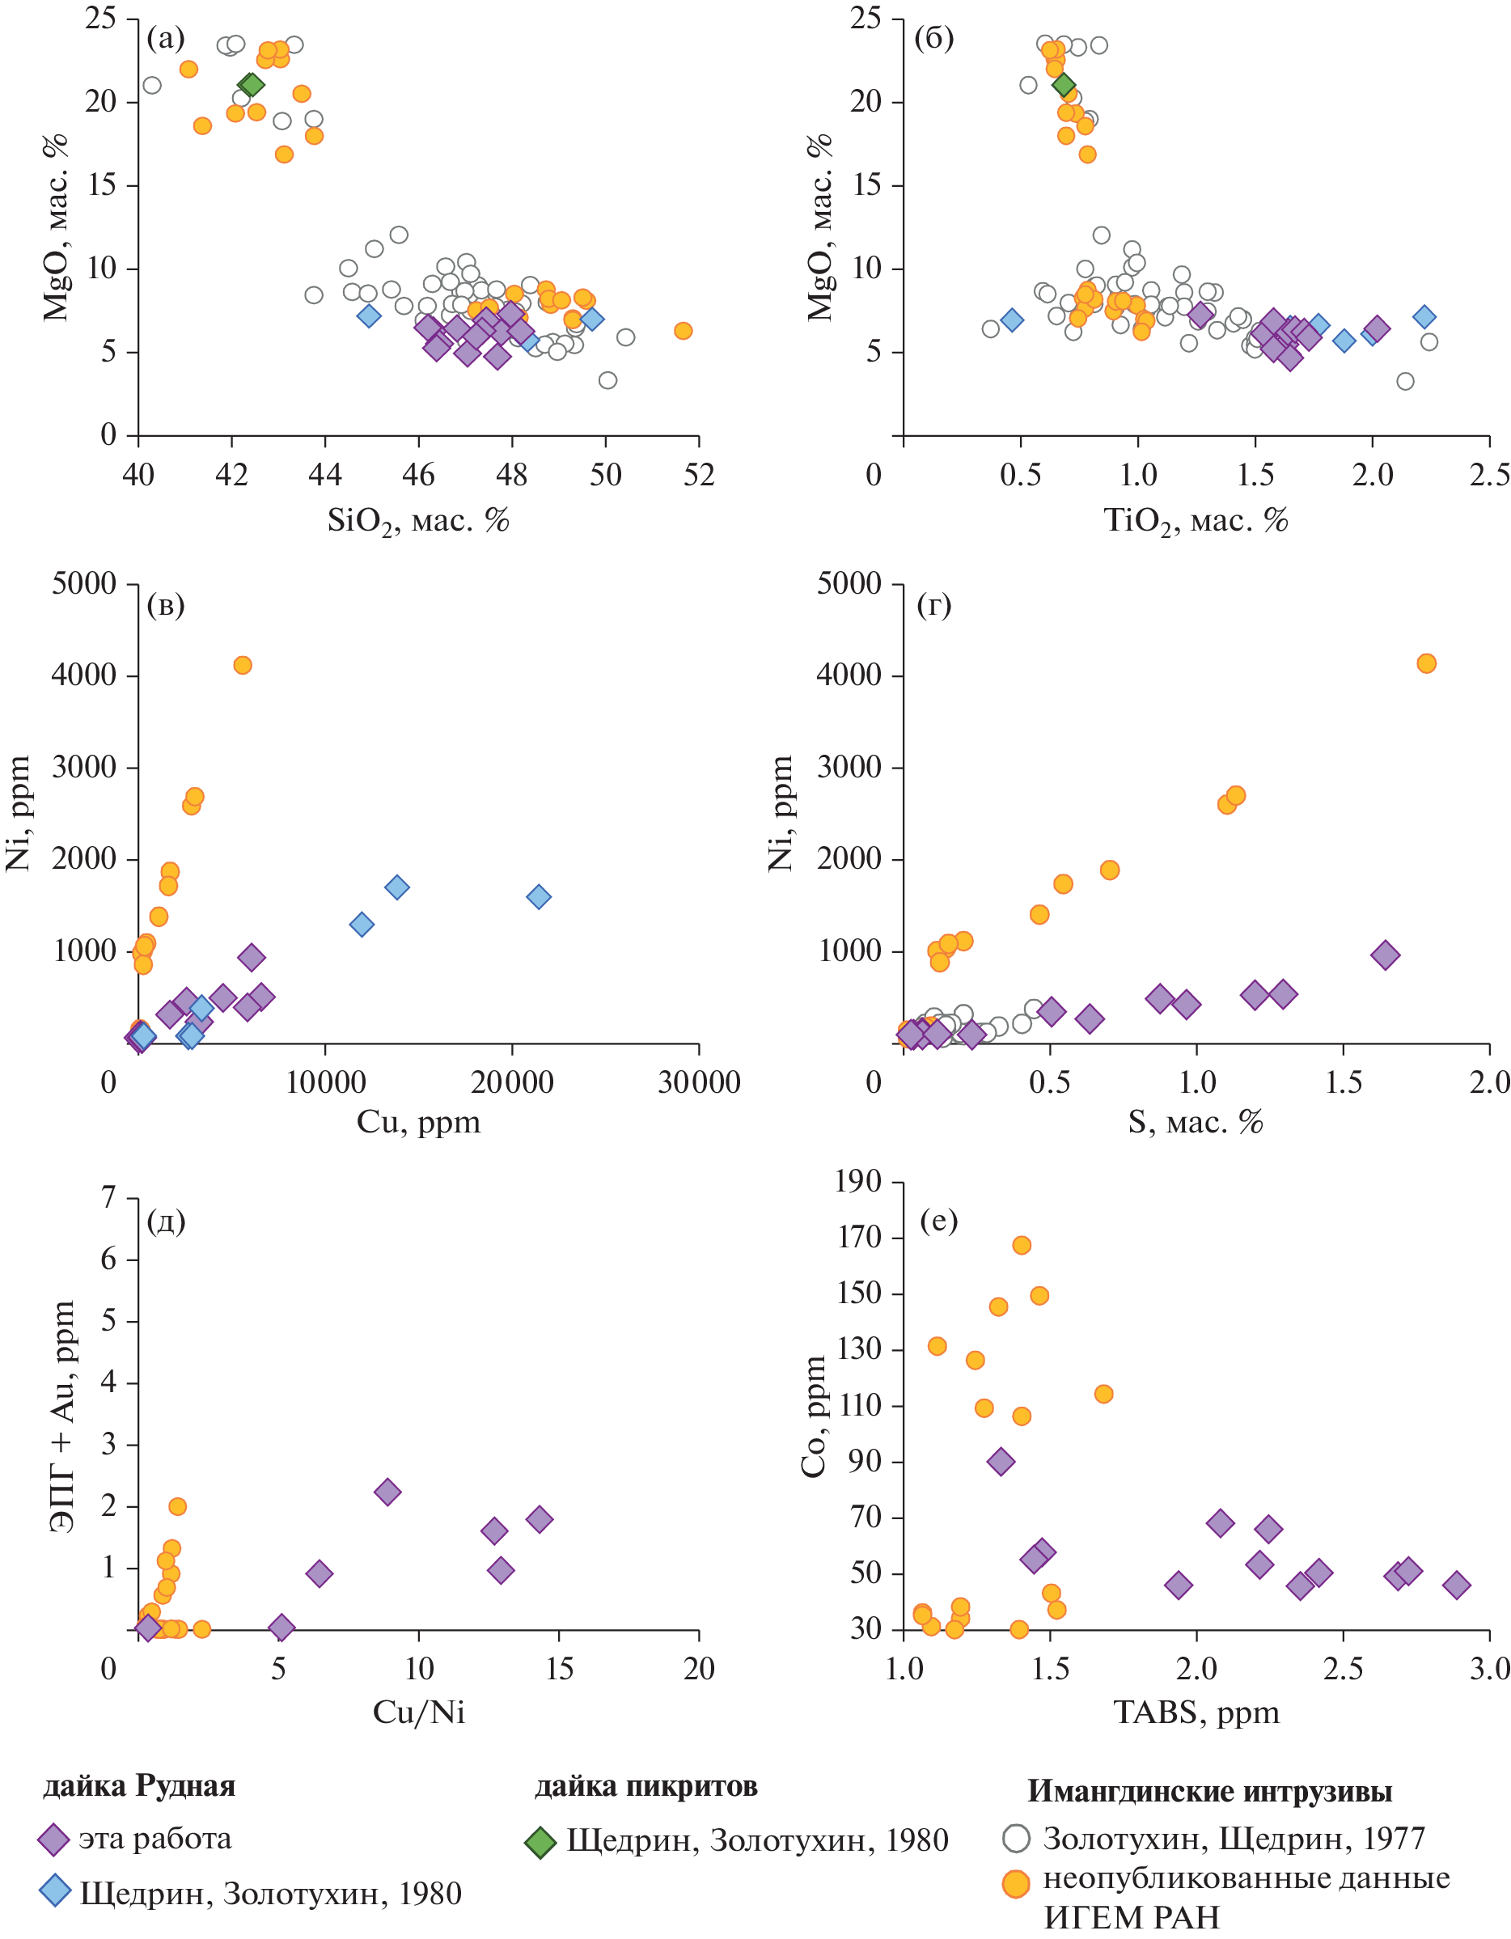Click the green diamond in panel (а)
point(252,85)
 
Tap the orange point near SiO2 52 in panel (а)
point(683,331)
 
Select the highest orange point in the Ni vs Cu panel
point(243,665)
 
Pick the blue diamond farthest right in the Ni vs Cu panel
point(539,897)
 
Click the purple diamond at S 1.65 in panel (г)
point(1385,955)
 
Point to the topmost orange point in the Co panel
point(1022,1246)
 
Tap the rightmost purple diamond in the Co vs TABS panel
point(1457,1585)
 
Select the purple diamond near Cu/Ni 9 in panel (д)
point(387,1492)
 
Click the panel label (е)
point(938,1221)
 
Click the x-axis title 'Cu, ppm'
point(418,1122)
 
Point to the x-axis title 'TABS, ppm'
point(1196,1712)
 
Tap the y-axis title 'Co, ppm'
point(813,1417)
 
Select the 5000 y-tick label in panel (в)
point(84,583)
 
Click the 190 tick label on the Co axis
point(858,1181)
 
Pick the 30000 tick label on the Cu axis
point(699,1082)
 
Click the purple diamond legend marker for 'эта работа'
point(54,1840)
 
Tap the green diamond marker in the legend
point(540,1842)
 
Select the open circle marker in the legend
point(1016,1838)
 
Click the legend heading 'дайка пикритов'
point(645,1786)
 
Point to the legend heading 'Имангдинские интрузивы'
point(1209,1792)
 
